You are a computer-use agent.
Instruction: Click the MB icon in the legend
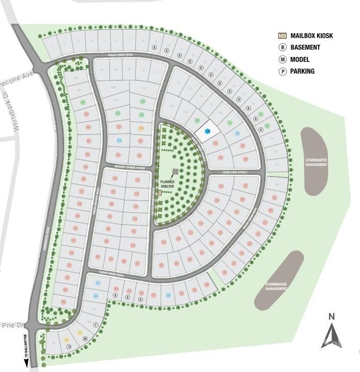click(x=282, y=36)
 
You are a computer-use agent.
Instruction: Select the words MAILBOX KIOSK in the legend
click(x=311, y=36)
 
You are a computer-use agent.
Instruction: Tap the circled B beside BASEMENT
click(x=282, y=48)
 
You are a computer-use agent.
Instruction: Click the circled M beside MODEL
click(x=282, y=59)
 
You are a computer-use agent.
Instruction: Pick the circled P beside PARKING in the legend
click(x=282, y=71)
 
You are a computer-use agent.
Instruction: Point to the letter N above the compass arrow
click(x=332, y=317)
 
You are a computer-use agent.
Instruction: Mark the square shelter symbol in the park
click(x=175, y=172)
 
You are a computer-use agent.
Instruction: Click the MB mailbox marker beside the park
click(x=160, y=192)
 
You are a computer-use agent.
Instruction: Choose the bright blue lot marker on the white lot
click(x=208, y=132)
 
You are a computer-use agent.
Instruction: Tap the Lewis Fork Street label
click(x=234, y=172)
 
